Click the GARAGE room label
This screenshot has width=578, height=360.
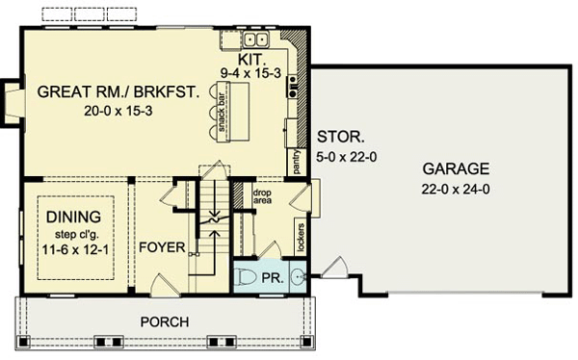[x=456, y=169]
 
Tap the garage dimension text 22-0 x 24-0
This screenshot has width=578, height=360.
[x=456, y=190]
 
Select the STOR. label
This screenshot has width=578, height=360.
[x=341, y=137]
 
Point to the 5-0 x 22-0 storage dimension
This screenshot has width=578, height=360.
[x=347, y=157]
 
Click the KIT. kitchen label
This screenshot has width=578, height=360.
[x=251, y=59]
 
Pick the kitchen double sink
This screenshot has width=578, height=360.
[x=256, y=39]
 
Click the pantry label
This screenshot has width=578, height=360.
[x=297, y=161]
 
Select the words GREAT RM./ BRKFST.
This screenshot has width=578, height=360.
[x=118, y=91]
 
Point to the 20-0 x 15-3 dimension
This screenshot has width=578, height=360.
[x=118, y=111]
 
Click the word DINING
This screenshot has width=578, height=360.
[x=74, y=217]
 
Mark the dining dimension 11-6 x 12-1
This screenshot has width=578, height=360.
[x=75, y=250]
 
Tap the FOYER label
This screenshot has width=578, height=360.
[x=162, y=247]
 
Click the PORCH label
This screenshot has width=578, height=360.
[x=165, y=322]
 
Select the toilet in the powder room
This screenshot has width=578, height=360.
[x=245, y=278]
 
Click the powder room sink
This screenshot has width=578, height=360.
[x=298, y=276]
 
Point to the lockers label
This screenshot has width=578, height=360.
[x=301, y=238]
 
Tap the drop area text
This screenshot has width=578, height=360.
[x=262, y=196]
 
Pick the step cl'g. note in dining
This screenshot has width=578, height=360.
[x=77, y=234]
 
